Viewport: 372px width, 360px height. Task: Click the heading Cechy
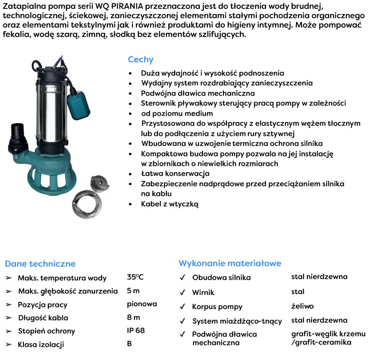point(141,60)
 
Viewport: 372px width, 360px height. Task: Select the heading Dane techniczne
point(40,263)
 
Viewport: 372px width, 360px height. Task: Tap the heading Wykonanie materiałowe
point(230,263)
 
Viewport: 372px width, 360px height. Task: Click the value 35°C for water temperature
point(135,277)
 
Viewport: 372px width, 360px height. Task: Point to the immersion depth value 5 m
point(133,291)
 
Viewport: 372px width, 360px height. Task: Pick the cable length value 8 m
point(134,317)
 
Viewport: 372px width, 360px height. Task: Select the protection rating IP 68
point(136,330)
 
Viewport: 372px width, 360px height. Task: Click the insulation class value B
point(129,344)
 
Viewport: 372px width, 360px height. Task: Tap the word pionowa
point(141,303)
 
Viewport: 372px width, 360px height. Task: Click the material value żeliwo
point(302,306)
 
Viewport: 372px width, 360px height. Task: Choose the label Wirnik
point(203,292)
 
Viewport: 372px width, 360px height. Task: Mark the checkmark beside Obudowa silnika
point(182,277)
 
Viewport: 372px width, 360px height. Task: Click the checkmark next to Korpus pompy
point(182,307)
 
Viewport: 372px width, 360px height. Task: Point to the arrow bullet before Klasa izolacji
point(8,345)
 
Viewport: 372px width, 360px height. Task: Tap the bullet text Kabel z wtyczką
point(170,204)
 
